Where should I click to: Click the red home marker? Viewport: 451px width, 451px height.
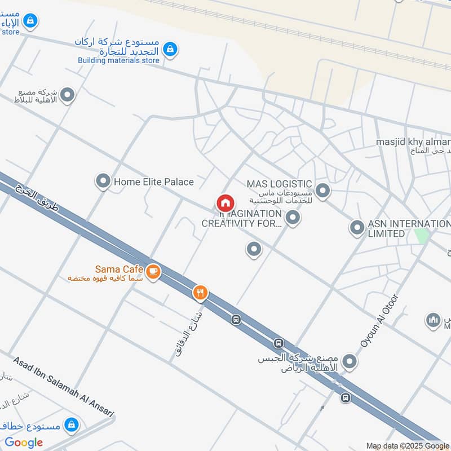point(225,203)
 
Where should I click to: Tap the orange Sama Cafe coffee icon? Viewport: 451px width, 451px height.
point(153,272)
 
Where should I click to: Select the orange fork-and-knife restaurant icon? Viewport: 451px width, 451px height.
point(200,293)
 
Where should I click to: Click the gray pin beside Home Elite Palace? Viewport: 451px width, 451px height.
point(103,181)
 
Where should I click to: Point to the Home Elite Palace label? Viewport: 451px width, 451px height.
point(153,182)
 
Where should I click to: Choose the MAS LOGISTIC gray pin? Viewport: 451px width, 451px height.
point(322,191)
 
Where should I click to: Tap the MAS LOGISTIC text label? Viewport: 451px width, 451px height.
point(279,184)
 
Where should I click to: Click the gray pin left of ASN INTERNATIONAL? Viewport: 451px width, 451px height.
point(356,228)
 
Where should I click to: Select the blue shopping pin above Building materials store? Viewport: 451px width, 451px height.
point(170,50)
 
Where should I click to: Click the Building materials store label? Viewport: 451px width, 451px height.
point(118,60)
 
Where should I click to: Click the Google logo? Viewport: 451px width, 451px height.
point(24,443)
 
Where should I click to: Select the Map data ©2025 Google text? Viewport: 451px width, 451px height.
point(408,446)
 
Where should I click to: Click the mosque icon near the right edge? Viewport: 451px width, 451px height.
point(433,320)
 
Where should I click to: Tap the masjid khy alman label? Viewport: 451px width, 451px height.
point(413,142)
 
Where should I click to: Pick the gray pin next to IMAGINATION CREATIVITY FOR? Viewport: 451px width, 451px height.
point(292,217)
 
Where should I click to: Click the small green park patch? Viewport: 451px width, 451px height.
point(421,235)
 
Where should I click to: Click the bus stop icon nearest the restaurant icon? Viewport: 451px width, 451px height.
point(236,319)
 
